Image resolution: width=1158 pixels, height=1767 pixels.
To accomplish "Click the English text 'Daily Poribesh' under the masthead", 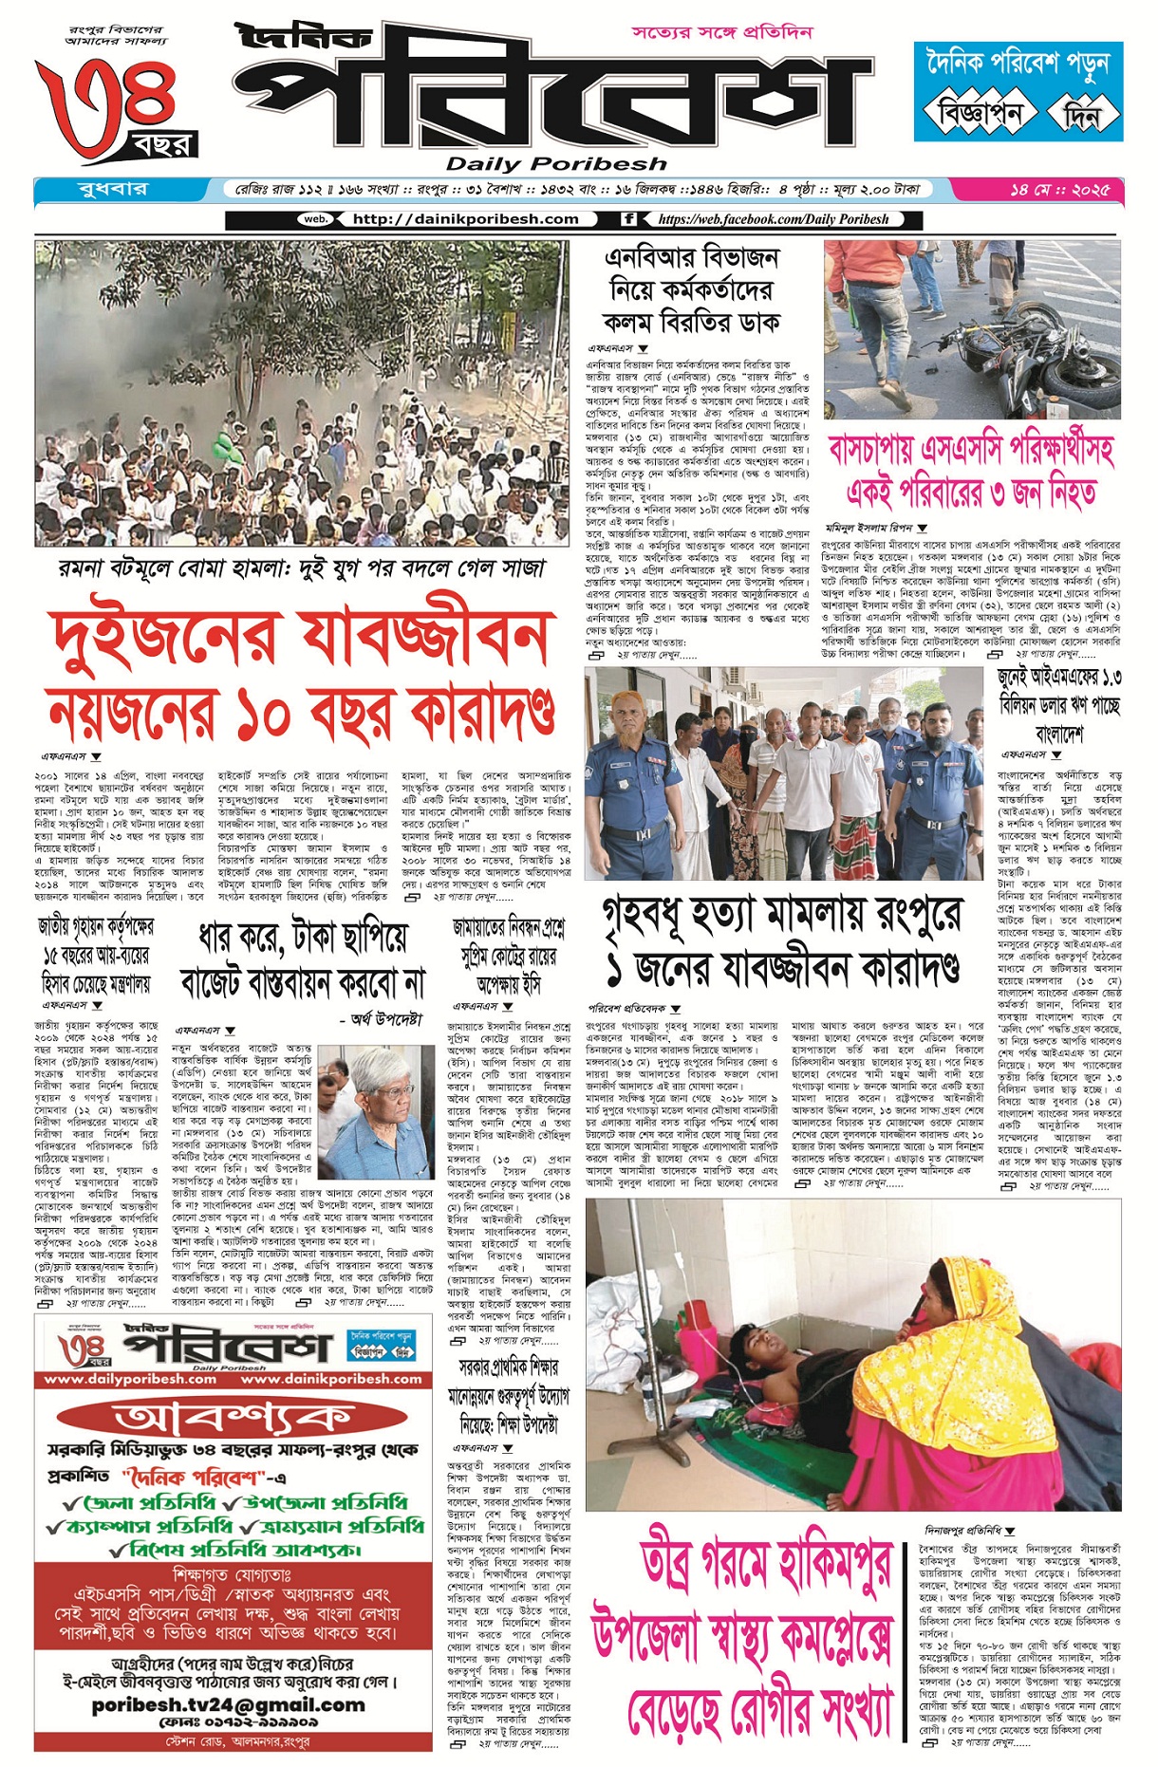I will (x=556, y=163).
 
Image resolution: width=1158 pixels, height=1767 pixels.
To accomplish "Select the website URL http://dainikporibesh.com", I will (x=465, y=219).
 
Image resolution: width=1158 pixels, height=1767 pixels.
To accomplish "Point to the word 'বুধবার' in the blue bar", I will (x=112, y=189).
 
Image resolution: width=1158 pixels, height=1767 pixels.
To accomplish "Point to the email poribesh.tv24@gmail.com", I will (x=228, y=1704).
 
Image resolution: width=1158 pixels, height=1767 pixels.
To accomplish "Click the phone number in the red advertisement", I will (x=237, y=1722).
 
